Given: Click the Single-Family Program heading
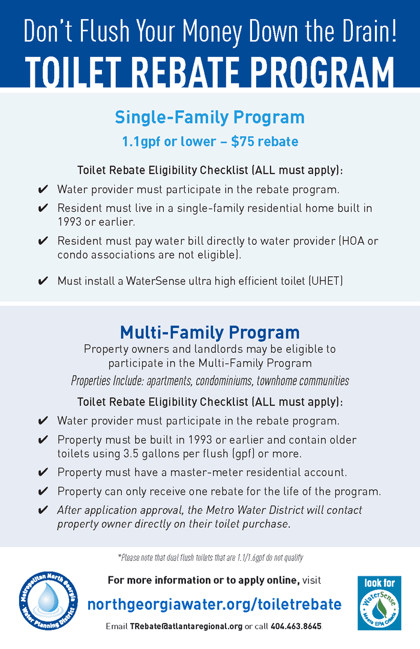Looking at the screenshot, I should coord(209,117).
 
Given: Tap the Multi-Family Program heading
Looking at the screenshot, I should coord(209,332).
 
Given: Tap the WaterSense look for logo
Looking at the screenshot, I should coord(379,603).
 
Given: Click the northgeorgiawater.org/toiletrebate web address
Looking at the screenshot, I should coord(214,604).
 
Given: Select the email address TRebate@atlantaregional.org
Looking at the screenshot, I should coord(186,627).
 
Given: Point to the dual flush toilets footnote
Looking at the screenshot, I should coord(210,557).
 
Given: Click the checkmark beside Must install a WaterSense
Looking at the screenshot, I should coord(43,281).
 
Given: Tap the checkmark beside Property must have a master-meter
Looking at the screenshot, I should coord(43,473).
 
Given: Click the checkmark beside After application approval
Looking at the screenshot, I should coord(43,510).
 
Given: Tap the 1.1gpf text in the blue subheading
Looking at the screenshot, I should coord(140,142).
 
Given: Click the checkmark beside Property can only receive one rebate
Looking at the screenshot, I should coord(43,492).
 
